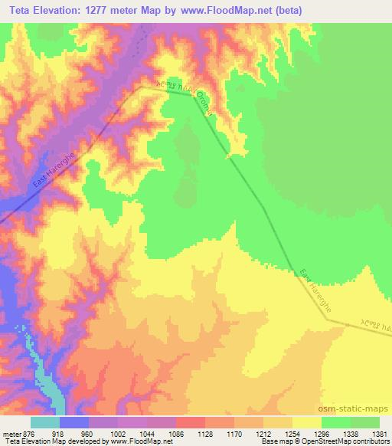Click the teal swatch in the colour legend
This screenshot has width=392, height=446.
(x=45, y=421)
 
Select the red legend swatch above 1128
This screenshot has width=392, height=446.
(x=191, y=421)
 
